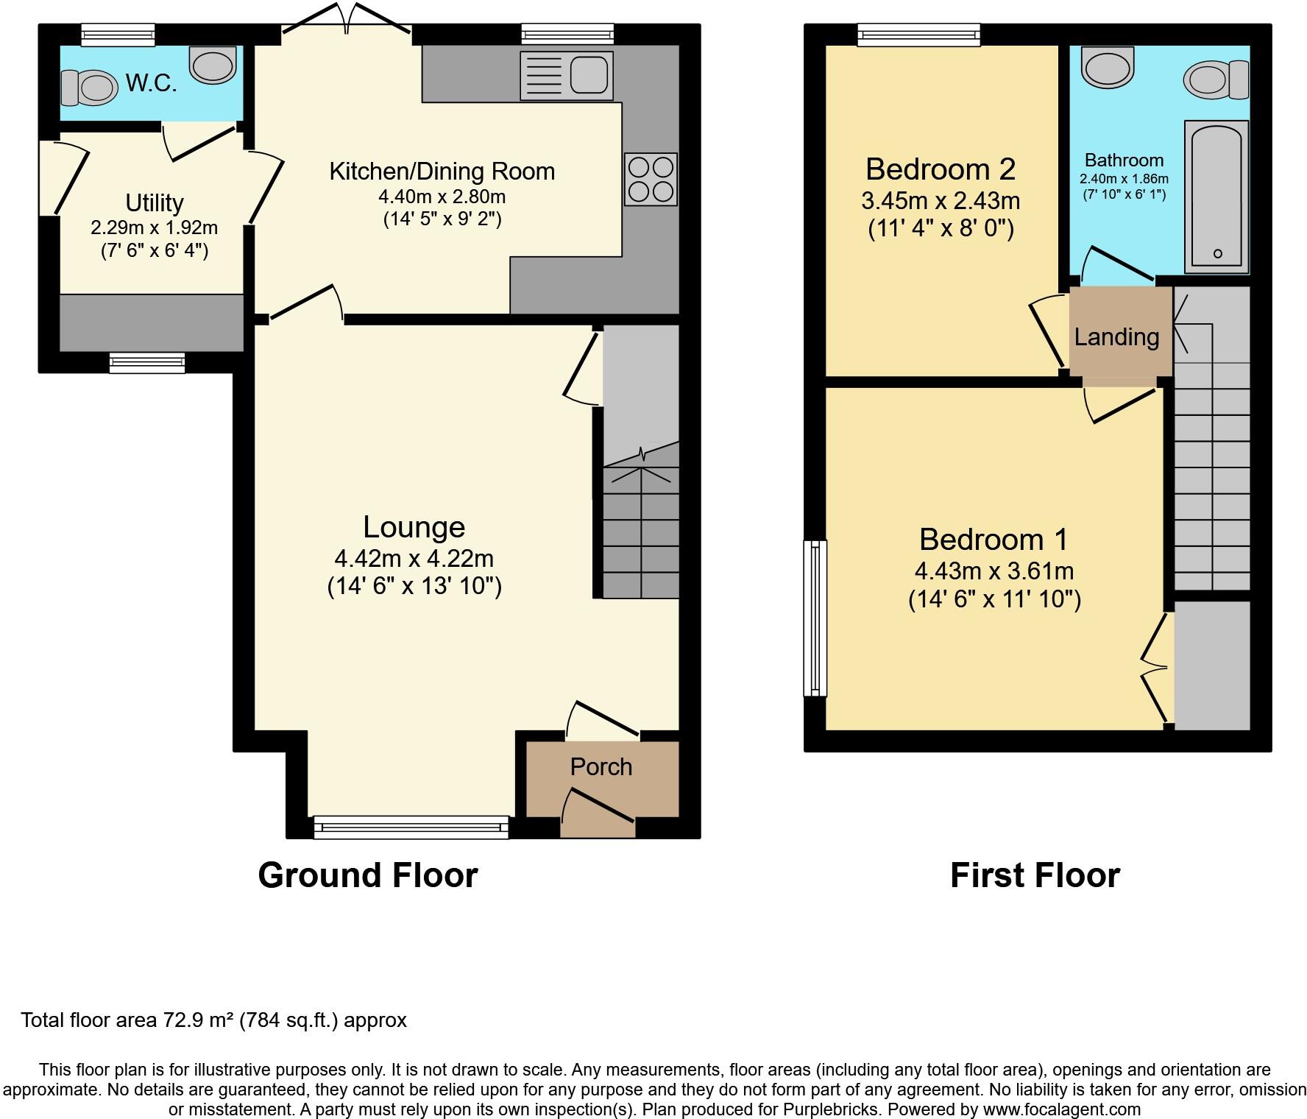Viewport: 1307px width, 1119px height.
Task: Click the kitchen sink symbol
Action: (567, 75)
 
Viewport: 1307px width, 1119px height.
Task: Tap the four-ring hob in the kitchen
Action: (651, 179)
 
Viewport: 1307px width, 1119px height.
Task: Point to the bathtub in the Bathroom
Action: (1216, 196)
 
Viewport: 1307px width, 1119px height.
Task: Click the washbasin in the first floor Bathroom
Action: (1107, 68)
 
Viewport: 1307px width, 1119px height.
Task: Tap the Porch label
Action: (601, 767)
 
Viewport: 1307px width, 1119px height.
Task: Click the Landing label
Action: (1116, 337)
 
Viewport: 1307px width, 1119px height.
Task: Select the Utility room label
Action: (154, 202)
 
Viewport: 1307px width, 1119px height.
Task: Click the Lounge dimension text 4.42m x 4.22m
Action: (414, 558)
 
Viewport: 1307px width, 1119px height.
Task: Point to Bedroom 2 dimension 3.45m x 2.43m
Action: (940, 200)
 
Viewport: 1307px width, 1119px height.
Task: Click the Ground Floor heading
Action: (367, 875)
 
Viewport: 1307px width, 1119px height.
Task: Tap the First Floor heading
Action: (1034, 875)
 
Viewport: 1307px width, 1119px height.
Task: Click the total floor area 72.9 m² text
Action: (213, 1020)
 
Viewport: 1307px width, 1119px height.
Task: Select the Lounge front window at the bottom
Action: (411, 827)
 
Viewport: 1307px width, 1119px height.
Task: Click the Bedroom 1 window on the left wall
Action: (815, 618)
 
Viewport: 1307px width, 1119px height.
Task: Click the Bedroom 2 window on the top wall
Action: (918, 34)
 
